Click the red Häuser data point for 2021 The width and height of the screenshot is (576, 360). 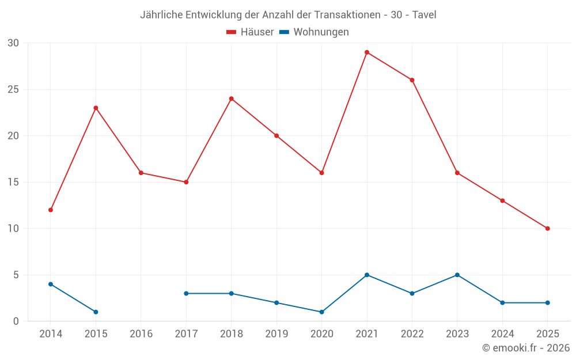pyautogui.click(x=367, y=52)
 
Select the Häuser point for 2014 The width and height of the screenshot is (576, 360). pyautogui.click(x=51, y=210)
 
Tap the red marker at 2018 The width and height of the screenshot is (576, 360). pyautogui.click(x=232, y=98)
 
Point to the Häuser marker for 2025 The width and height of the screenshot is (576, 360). pyautogui.click(x=548, y=229)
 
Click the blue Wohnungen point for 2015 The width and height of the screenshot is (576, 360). pyautogui.click(x=96, y=312)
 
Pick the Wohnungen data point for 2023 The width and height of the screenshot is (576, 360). pyautogui.click(x=457, y=275)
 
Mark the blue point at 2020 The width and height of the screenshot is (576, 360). pyautogui.click(x=322, y=312)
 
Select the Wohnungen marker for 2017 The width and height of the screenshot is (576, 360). pyautogui.click(x=186, y=293)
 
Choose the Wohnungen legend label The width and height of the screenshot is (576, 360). pyautogui.click(x=321, y=32)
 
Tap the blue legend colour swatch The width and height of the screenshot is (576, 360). pyautogui.click(x=284, y=32)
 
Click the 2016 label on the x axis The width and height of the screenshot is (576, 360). pyautogui.click(x=141, y=334)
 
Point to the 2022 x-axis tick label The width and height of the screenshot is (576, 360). pyautogui.click(x=412, y=334)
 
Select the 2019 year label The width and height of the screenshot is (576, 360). pyautogui.click(x=276, y=334)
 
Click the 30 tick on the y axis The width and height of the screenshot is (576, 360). pyautogui.click(x=13, y=43)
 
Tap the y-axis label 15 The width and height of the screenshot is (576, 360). pyautogui.click(x=13, y=182)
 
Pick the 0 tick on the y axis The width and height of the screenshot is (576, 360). pyautogui.click(x=16, y=321)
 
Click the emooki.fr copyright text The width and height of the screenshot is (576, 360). pyautogui.click(x=526, y=348)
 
